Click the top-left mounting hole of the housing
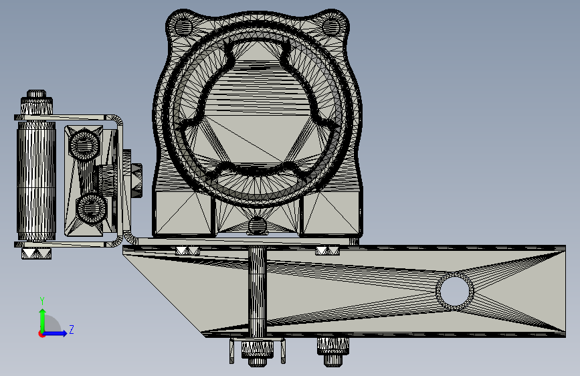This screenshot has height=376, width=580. pyautogui.click(x=183, y=26)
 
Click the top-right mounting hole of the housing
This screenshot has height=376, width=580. pyautogui.click(x=331, y=26)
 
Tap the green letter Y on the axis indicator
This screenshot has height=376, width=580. pyautogui.click(x=42, y=301)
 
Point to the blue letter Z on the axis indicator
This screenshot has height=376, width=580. pyautogui.click(x=72, y=329)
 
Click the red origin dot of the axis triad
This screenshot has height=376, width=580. pyautogui.click(x=41, y=334)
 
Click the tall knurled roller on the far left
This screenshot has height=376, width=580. pyautogui.click(x=36, y=181)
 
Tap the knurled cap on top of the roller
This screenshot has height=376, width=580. pyautogui.click(x=36, y=102)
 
